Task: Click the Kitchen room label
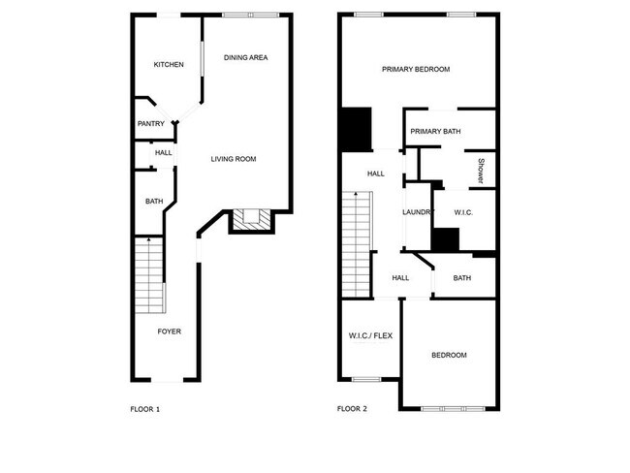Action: point(169,65)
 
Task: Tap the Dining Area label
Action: point(245,58)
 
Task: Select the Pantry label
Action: point(150,123)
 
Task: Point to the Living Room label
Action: point(234,159)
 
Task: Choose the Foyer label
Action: point(170,331)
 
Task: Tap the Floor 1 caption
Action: point(144,409)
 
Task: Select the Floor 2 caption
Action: point(352,409)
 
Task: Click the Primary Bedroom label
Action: point(416,69)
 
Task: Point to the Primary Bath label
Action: point(435,131)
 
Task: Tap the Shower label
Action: point(480,171)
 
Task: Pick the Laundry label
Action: point(417,212)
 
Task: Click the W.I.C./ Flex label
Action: point(369,336)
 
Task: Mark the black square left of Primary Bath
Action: point(356,128)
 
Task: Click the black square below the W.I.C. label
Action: point(446,239)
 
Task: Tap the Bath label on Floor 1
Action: point(154,202)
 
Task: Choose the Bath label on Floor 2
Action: point(462,278)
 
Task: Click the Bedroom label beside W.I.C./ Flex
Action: point(449,355)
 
